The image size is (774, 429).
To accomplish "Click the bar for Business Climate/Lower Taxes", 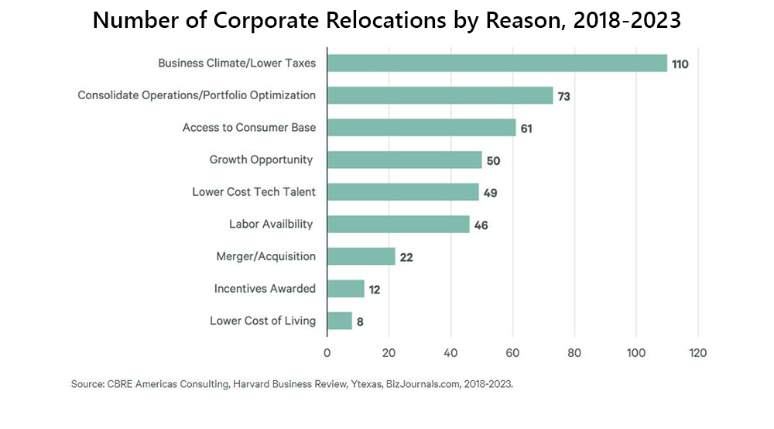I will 497,63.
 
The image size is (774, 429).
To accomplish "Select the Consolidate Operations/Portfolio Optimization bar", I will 440,95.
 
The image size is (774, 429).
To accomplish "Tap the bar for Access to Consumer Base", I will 421,128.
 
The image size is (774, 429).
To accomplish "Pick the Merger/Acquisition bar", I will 361,256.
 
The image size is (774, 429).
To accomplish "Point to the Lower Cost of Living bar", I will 339,321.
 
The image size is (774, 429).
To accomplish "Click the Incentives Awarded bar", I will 345,289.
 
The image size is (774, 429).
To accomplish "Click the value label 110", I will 680,63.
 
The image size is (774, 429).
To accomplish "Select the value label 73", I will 565,96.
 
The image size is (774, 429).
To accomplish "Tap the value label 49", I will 490,193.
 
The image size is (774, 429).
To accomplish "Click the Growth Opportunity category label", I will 262,160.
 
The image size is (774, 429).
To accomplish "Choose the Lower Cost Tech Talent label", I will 254,192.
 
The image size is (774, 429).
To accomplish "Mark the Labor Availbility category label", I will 271,224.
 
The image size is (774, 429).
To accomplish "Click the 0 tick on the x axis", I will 327,353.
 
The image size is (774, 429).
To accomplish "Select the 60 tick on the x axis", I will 512,353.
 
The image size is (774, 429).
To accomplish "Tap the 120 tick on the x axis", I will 698,353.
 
